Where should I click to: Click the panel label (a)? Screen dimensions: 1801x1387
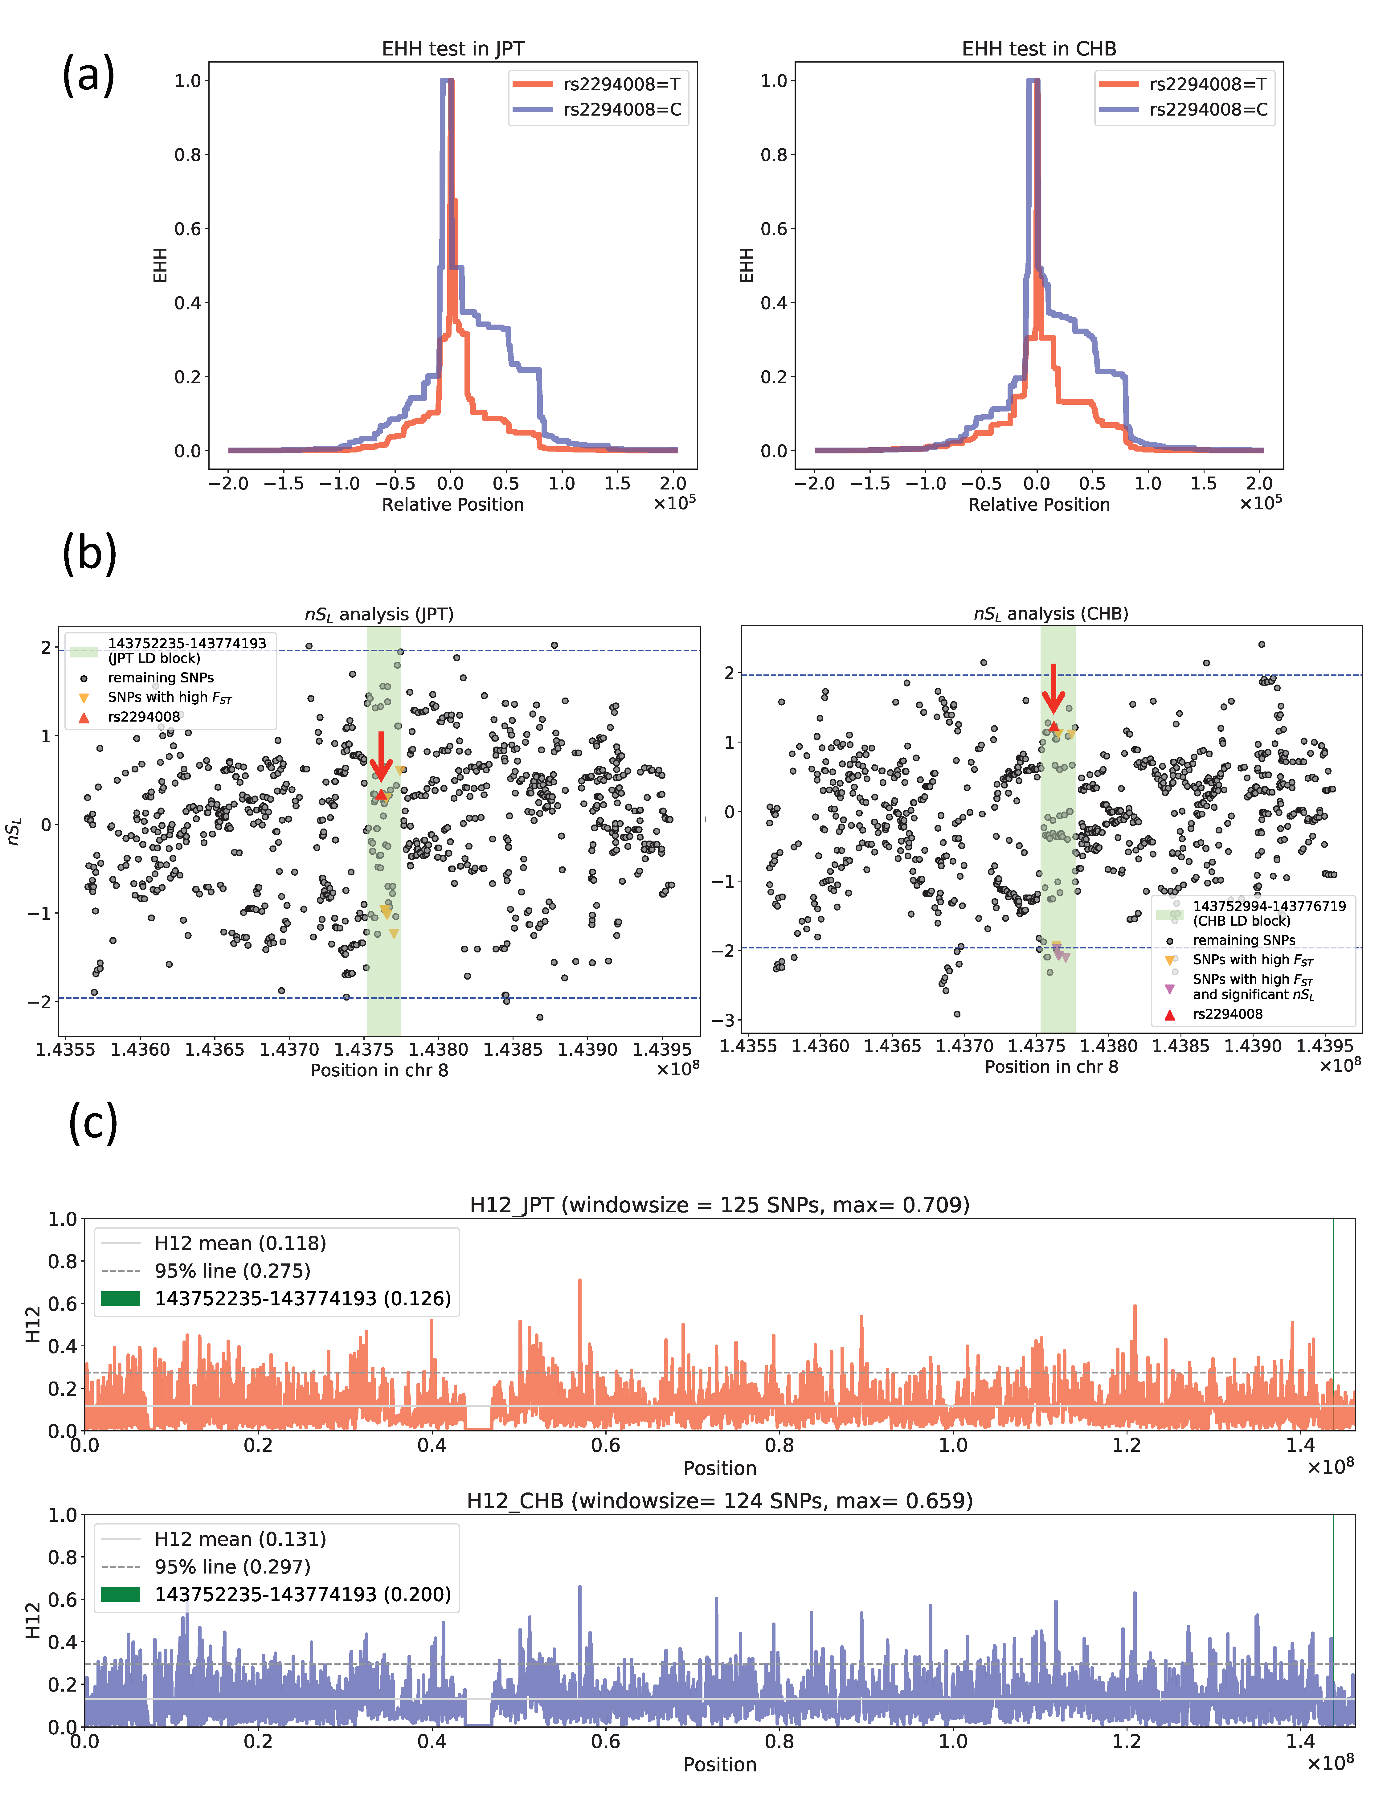click(88, 75)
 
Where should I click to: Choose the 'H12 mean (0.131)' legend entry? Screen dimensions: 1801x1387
click(239, 1539)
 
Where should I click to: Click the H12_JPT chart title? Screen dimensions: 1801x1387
click(719, 1205)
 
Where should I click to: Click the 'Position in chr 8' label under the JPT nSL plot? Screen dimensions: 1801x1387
click(379, 1070)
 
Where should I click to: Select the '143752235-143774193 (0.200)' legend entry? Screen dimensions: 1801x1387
click(302, 1594)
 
